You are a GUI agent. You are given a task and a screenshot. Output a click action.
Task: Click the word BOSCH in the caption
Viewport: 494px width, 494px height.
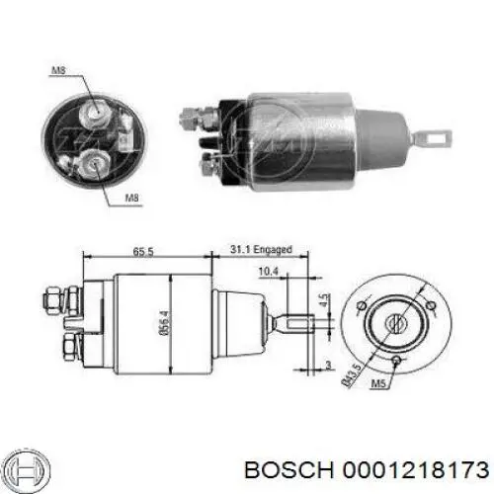(x=288, y=469)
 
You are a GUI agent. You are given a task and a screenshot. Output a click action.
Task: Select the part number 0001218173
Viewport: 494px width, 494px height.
(x=416, y=469)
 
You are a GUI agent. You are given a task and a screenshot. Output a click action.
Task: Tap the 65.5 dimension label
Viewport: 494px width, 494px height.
(x=143, y=252)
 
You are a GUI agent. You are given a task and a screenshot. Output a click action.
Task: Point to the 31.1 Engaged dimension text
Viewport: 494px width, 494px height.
(x=261, y=249)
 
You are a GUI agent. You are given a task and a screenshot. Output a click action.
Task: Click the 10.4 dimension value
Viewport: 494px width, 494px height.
(x=268, y=272)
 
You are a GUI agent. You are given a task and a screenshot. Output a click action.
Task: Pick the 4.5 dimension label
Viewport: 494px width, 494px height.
(x=324, y=300)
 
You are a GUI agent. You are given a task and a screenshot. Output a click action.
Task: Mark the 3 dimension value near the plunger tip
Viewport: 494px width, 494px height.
(x=328, y=365)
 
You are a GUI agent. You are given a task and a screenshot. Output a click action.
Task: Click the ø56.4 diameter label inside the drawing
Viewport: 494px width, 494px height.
(x=166, y=323)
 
